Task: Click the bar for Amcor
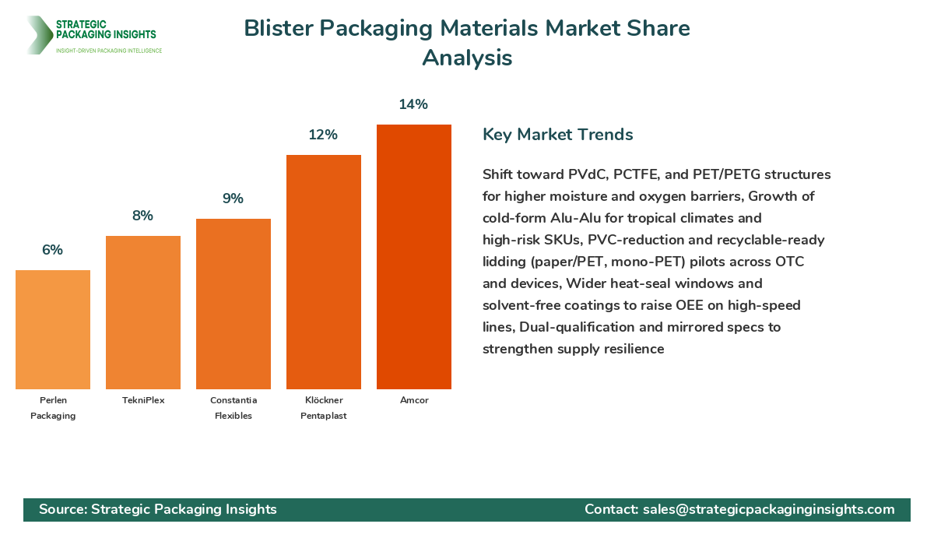pos(413,257)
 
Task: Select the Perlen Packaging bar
pos(53,329)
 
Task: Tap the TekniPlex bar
pos(143,312)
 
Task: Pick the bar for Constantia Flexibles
pos(233,304)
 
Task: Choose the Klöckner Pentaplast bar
pos(323,272)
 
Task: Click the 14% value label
pos(413,104)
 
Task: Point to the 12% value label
pos(323,135)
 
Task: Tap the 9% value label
pos(233,199)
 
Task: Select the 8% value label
pos(142,216)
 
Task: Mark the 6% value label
pos(52,250)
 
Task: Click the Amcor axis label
pos(414,400)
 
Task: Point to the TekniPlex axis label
pos(143,400)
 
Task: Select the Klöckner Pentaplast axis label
pos(324,408)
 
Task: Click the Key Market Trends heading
pos(557,134)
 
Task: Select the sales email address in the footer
pos(768,509)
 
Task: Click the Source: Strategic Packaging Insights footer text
pos(158,509)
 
